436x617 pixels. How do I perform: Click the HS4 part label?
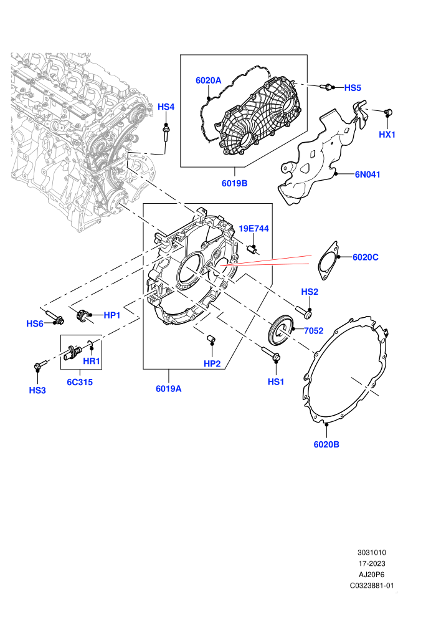[166, 107]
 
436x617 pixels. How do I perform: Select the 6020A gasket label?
[209, 80]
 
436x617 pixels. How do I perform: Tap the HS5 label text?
[353, 88]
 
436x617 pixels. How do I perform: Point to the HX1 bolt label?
[387, 135]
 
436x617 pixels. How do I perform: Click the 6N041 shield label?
[367, 175]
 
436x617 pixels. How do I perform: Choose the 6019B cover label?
[234, 183]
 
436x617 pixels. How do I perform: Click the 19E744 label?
[254, 229]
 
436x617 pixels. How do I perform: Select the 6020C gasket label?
[365, 257]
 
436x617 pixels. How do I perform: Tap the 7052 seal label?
[314, 331]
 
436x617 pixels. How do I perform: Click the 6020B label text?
[326, 444]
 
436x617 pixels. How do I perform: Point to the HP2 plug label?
[212, 364]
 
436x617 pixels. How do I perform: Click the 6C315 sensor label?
[80, 383]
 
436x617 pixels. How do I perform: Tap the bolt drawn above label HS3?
[40, 366]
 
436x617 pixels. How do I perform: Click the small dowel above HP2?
[212, 338]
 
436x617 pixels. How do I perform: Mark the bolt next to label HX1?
[389, 113]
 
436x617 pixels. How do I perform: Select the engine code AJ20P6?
[371, 575]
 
